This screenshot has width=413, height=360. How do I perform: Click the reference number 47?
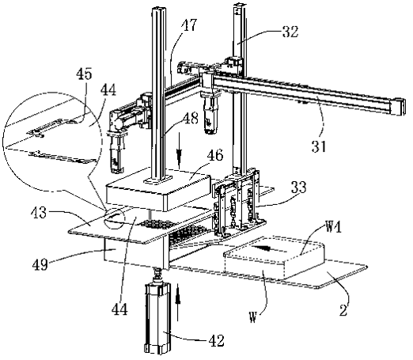pos(189,25)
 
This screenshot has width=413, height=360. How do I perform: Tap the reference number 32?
pos(290,32)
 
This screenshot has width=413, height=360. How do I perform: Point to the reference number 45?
pos(84,74)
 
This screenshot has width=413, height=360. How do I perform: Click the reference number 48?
pos(191,119)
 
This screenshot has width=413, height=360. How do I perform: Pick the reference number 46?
pos(215,155)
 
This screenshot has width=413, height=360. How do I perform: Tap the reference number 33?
pos(299,187)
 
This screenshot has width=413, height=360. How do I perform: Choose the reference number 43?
pos(39,213)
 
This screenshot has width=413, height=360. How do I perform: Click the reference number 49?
pos(40,264)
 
